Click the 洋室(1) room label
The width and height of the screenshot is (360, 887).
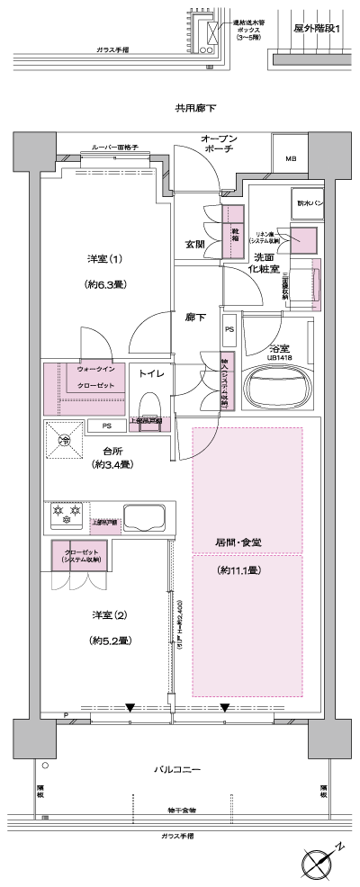(105, 259)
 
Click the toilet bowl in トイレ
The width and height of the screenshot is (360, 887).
(149, 396)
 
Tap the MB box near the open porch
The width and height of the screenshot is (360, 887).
(291, 159)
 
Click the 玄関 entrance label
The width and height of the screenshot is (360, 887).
(195, 244)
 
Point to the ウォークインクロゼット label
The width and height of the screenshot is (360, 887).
(95, 377)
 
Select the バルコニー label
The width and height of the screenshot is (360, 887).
(175, 770)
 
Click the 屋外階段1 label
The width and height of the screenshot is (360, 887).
(317, 29)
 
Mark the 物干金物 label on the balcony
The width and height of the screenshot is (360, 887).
(180, 810)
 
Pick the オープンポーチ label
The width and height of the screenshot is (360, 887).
(219, 144)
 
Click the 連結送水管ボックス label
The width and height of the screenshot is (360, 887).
(255, 30)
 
